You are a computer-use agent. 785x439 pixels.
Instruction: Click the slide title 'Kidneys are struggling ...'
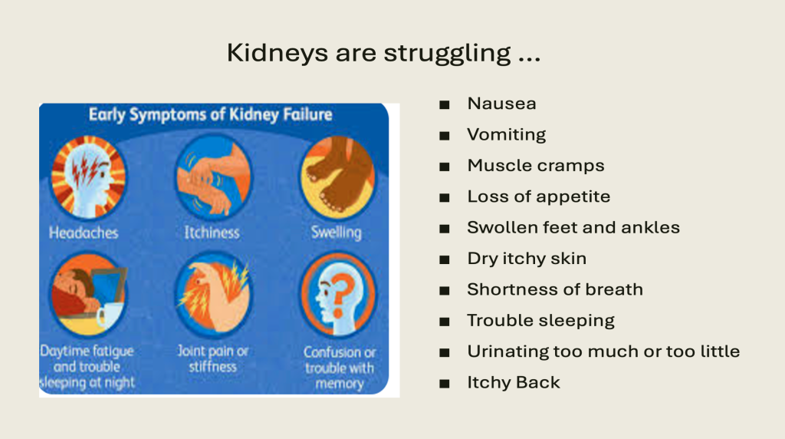click(383, 53)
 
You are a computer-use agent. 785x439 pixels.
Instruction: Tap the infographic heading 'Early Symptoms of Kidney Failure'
click(210, 115)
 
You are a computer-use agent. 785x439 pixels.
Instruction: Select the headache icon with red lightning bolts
click(89, 177)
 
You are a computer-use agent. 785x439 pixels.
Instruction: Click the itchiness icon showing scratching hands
click(214, 177)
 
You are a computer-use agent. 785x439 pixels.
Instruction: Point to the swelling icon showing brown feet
click(338, 177)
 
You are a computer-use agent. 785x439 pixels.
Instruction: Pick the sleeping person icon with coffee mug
click(89, 294)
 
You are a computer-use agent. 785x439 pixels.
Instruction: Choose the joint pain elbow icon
click(214, 294)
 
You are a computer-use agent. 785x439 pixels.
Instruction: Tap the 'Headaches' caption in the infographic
click(84, 233)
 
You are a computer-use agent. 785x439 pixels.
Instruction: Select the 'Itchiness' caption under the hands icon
click(212, 233)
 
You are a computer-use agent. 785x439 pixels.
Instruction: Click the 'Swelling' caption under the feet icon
click(337, 233)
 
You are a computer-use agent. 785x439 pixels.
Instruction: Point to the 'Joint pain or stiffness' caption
click(213, 359)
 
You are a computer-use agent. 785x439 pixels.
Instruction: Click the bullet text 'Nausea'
click(501, 104)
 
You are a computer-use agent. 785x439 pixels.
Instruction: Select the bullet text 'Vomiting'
click(507, 135)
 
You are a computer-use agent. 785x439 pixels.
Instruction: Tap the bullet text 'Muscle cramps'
click(536, 166)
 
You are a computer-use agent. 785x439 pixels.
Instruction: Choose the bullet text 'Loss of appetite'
click(539, 197)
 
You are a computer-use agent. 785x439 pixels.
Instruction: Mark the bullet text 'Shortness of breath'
click(555, 289)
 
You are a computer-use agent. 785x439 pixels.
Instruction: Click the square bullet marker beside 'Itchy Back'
click(444, 384)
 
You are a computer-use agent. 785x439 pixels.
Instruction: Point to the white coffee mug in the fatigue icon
click(108, 315)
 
